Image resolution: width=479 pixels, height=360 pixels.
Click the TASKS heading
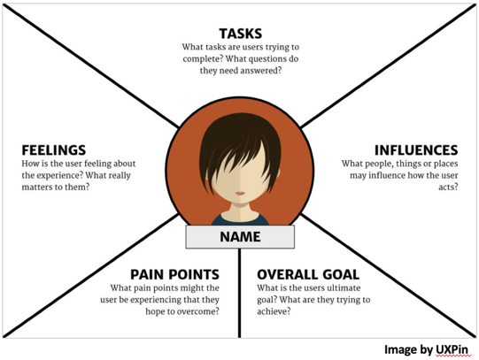pyautogui.click(x=241, y=34)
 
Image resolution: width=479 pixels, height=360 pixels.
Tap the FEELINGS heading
pyautogui.click(x=54, y=150)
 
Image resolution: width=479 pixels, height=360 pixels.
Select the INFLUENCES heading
pyautogui.click(x=416, y=150)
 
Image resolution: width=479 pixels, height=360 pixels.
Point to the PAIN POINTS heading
pyautogui.click(x=174, y=274)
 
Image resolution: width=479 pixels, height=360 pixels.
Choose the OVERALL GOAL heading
pyautogui.click(x=308, y=274)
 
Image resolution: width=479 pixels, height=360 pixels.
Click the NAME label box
pyautogui.click(x=240, y=237)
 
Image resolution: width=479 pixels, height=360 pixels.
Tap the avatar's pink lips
pyautogui.click(x=240, y=193)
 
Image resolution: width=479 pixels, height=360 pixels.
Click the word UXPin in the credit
pyautogui.click(x=452, y=349)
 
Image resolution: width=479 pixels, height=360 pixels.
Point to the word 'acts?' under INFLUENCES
pyautogui.click(x=448, y=187)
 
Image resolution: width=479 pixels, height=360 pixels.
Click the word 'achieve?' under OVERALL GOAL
pyautogui.click(x=274, y=311)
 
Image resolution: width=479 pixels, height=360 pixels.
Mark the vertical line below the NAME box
pyautogui.click(x=239, y=293)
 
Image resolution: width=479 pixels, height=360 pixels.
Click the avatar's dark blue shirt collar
pyautogui.click(x=240, y=219)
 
